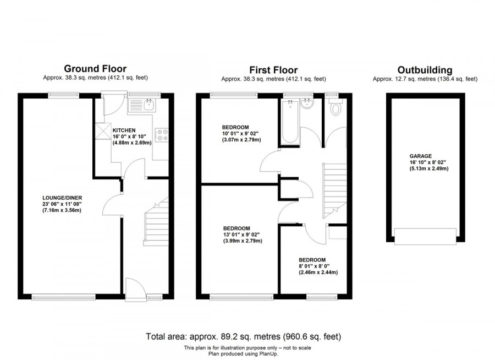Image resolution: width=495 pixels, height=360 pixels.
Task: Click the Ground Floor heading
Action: [95, 69]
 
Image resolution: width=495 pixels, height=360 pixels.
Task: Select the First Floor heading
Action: [273, 70]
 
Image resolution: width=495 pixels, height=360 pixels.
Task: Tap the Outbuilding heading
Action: [425, 70]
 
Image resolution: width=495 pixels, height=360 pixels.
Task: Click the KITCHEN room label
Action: [124, 130]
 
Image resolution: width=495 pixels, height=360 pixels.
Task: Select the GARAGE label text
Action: [421, 156]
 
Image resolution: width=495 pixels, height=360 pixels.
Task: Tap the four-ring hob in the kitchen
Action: [162, 135]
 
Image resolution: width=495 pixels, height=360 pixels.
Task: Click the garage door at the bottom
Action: [425, 237]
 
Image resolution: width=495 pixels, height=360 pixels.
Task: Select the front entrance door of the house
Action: [135, 288]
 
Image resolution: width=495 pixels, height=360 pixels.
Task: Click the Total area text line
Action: [246, 336]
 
